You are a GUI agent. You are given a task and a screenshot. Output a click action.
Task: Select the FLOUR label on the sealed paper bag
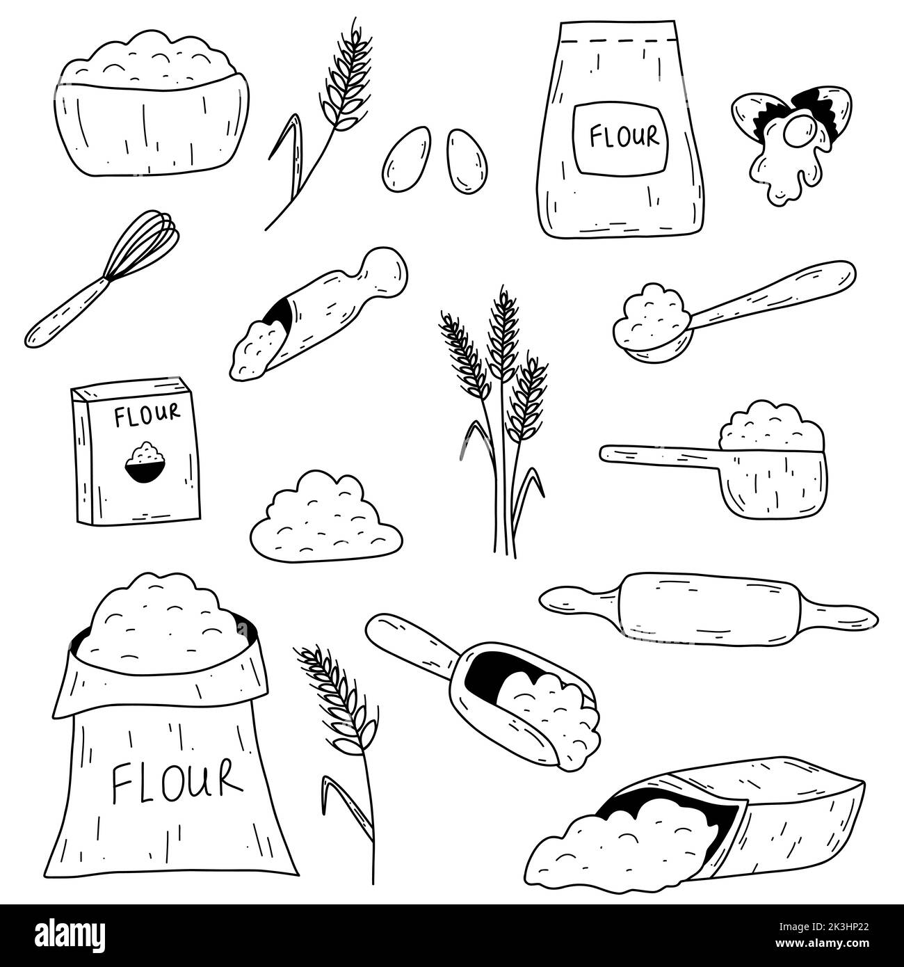click(x=624, y=137)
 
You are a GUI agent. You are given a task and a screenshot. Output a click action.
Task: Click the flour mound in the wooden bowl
click(x=152, y=59)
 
